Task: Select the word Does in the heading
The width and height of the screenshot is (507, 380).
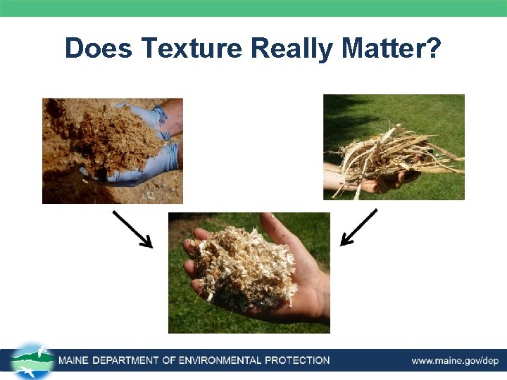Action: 99,49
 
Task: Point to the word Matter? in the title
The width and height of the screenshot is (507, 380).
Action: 391,49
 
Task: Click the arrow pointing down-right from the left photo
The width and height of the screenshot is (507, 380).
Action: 132,229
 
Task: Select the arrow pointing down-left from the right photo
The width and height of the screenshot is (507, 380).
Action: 358,227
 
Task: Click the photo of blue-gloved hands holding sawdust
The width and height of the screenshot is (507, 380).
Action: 113,151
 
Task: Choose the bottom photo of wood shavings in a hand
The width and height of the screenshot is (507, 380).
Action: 249,272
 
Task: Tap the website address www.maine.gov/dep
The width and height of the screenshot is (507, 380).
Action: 455,361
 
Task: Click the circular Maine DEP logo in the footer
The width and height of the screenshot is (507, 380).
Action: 32,361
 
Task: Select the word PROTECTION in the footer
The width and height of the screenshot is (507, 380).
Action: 296,361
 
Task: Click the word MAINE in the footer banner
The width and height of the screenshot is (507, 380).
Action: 77,361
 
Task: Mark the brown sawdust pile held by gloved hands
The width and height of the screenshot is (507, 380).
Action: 120,137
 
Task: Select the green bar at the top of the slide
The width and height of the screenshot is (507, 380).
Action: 254,8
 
